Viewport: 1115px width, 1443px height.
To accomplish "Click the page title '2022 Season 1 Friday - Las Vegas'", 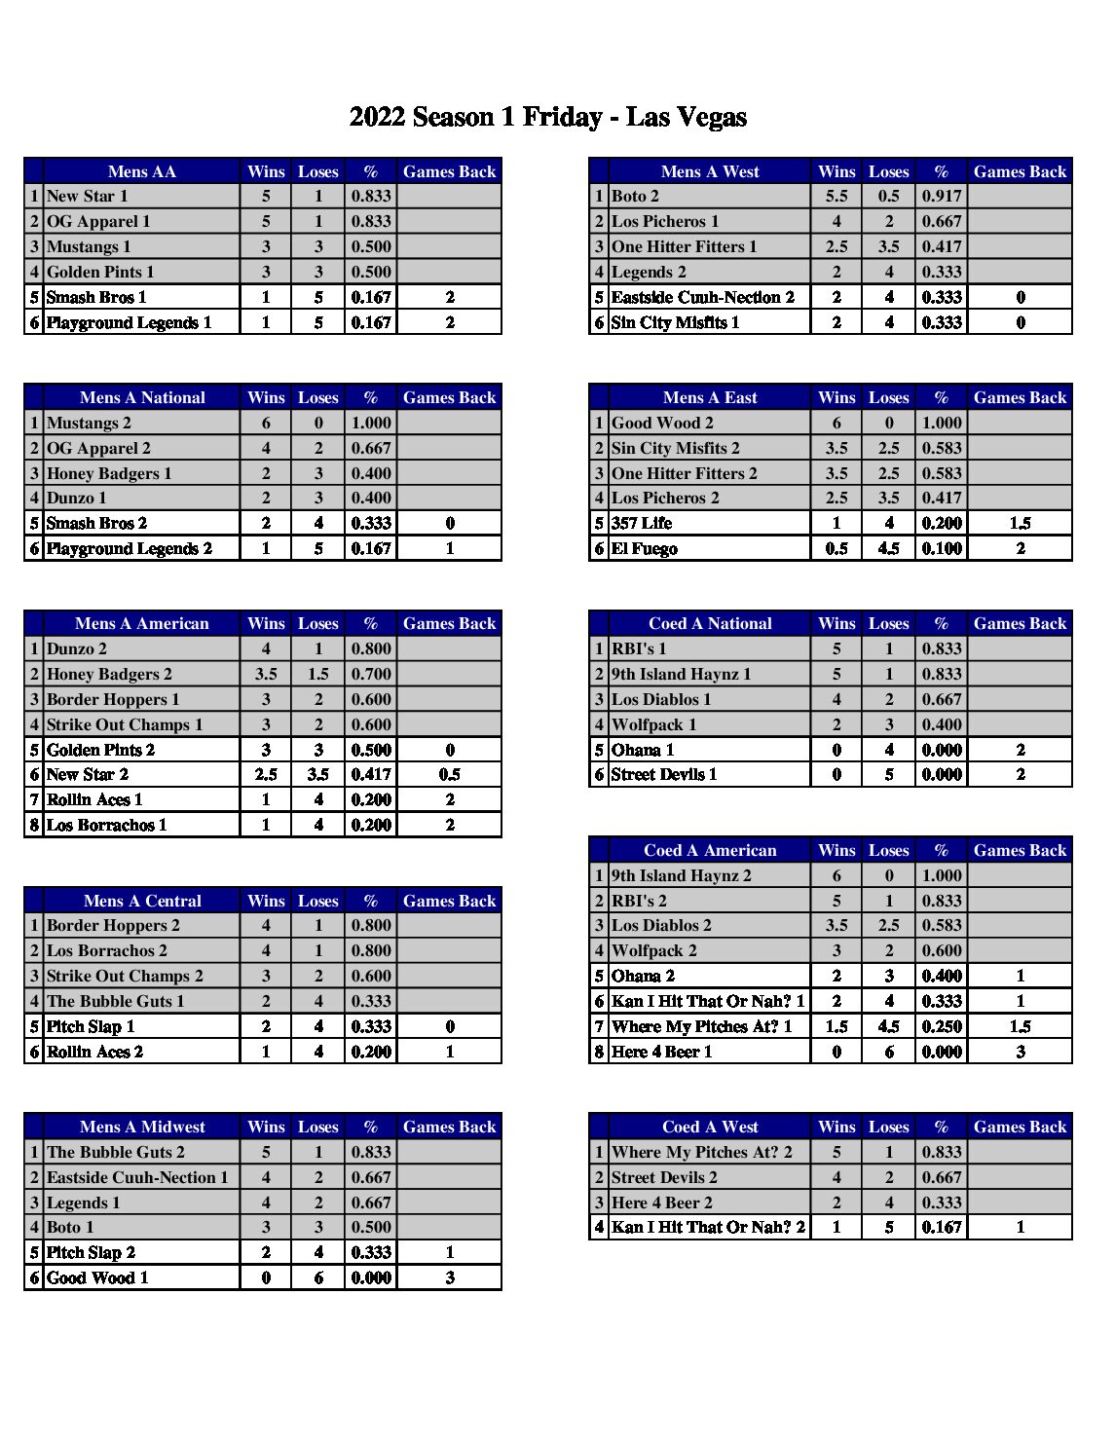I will tap(547, 118).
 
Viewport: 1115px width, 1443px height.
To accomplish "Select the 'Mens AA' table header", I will tap(142, 171).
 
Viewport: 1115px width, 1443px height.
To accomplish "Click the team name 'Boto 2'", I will tap(635, 197).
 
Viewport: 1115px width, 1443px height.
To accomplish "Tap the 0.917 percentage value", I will tap(941, 197).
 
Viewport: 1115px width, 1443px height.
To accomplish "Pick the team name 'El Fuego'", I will tap(644, 549).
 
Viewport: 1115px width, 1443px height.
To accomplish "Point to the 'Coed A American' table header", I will tap(710, 851).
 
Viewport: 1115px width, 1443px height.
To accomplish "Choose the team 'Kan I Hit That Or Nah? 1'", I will tap(708, 1001).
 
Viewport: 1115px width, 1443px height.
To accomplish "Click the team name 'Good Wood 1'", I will tap(97, 1278).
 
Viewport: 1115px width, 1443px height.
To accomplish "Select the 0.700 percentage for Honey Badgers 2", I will tap(371, 675).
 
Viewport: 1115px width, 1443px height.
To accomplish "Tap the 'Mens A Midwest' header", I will tap(142, 1128).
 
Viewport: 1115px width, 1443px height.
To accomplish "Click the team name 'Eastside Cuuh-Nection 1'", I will tap(137, 1178).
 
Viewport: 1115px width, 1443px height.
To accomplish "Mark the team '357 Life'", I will tap(641, 524).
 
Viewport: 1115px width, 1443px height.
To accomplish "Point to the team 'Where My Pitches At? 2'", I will tap(701, 1153).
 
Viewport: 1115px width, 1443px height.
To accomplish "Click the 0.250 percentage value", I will tap(941, 1026).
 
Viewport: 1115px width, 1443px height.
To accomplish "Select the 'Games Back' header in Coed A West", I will tap(1020, 1128).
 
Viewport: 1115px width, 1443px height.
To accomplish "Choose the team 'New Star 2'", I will tap(88, 775).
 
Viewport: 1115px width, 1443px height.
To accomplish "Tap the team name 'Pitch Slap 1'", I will tap(91, 1026).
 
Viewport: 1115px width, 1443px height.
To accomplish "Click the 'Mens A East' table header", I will tap(710, 397).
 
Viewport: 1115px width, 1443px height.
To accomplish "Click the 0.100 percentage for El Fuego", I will tap(941, 549).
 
